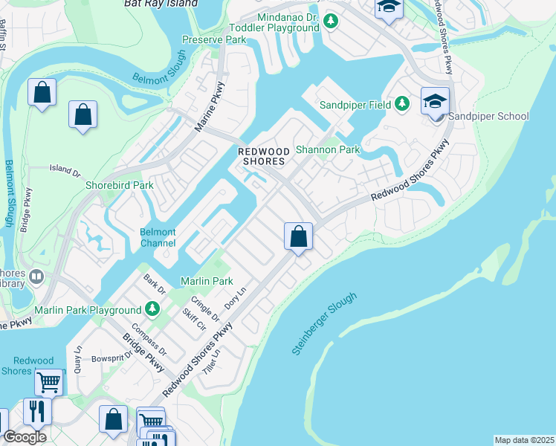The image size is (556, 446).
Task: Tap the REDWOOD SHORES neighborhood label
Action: coord(262,156)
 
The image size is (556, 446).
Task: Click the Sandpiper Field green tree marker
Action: coord(402,104)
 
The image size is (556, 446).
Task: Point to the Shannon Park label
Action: coord(328,149)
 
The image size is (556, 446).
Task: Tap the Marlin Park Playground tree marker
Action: coord(152,308)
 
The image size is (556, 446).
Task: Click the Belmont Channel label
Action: coord(158,238)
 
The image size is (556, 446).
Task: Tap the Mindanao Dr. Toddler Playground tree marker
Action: coord(331,22)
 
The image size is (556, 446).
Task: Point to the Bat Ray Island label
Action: coord(161,4)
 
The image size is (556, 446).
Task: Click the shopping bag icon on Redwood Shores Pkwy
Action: coord(298,237)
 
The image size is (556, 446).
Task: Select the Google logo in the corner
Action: coord(25,437)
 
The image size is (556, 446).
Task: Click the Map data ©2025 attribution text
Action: coord(524,440)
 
